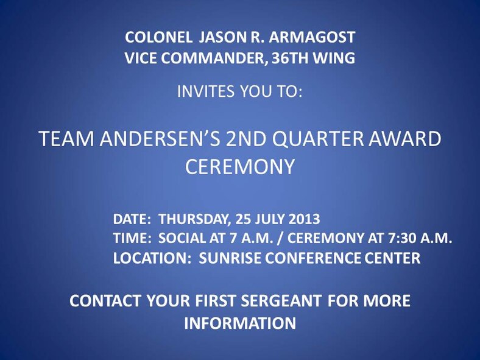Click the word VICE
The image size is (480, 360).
click(140, 58)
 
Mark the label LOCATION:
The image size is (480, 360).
click(148, 258)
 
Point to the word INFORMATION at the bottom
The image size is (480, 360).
click(240, 323)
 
